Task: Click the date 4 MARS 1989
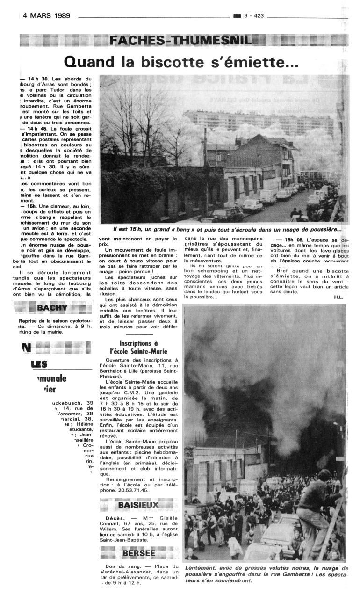click(x=46, y=15)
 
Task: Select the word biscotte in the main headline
click(x=167, y=61)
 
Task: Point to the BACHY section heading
click(x=52, y=308)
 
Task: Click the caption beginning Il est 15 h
click(x=227, y=230)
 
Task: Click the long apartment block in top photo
click(x=262, y=119)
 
